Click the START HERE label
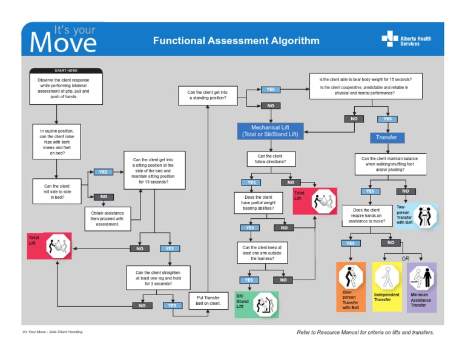[x=66, y=71]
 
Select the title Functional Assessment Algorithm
[x=236, y=41]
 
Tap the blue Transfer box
[x=386, y=137]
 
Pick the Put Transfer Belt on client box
[x=208, y=300]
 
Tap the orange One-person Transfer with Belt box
[x=351, y=287]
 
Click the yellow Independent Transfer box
[x=386, y=287]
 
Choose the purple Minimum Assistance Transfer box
[x=421, y=287]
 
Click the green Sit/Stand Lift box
[x=256, y=304]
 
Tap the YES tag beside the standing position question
[x=270, y=89]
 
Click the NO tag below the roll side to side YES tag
[x=104, y=196]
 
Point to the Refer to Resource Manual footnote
[x=365, y=332]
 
